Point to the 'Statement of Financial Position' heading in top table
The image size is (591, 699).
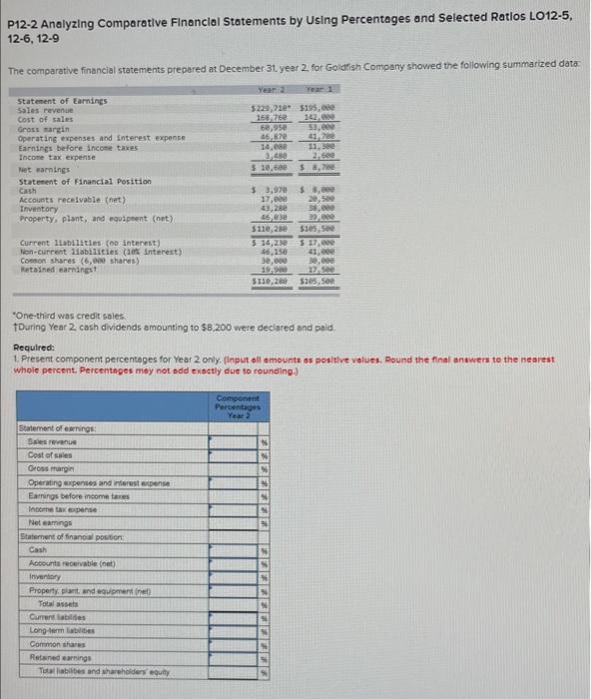click(85, 181)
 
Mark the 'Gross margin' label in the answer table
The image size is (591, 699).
click(50, 467)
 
